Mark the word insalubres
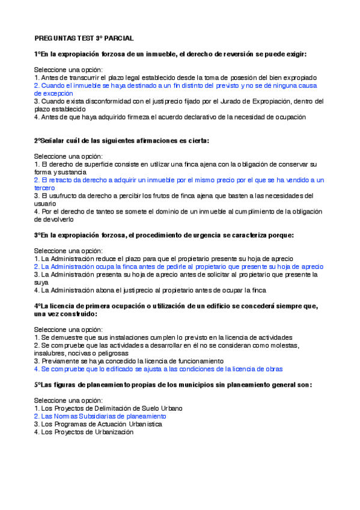click(x=50, y=353)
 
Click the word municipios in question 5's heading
click(x=186, y=384)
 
